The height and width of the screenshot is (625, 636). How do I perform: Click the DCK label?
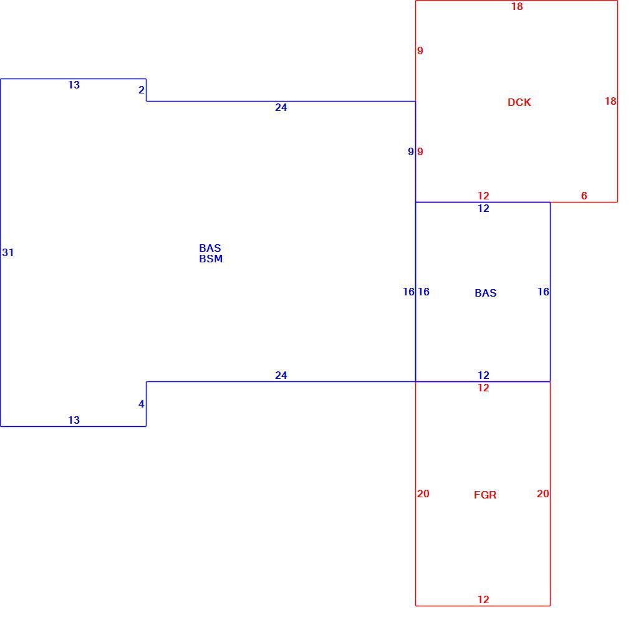[x=519, y=102]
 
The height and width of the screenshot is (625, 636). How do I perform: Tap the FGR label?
[x=485, y=495]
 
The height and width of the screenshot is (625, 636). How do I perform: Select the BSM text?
[x=211, y=259]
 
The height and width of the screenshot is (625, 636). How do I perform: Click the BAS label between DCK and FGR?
[x=486, y=293]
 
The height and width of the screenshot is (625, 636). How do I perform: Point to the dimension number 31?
[x=8, y=252]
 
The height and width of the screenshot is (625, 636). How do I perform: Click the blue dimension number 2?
[x=141, y=90]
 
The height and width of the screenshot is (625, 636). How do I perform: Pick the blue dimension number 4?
[x=141, y=404]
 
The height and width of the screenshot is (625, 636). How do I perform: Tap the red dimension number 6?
[x=584, y=196]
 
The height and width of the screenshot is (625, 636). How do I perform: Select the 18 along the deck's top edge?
[x=517, y=6]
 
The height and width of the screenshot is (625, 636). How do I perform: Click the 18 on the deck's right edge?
[x=610, y=102]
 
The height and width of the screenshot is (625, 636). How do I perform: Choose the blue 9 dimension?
[x=410, y=151]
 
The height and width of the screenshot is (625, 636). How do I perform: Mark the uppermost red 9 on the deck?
[x=420, y=50]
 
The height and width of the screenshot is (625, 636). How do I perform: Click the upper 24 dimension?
[x=281, y=107]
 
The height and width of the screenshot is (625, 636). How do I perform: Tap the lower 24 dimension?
[x=281, y=375]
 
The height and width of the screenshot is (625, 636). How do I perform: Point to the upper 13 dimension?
[x=74, y=85]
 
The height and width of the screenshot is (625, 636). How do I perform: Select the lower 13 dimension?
[x=74, y=421]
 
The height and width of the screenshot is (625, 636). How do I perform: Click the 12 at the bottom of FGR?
[x=483, y=600]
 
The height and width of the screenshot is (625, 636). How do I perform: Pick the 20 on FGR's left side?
[x=423, y=494]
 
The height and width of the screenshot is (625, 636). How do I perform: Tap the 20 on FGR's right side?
[x=542, y=494]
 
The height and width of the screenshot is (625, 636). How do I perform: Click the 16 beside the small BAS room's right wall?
[x=543, y=292]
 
